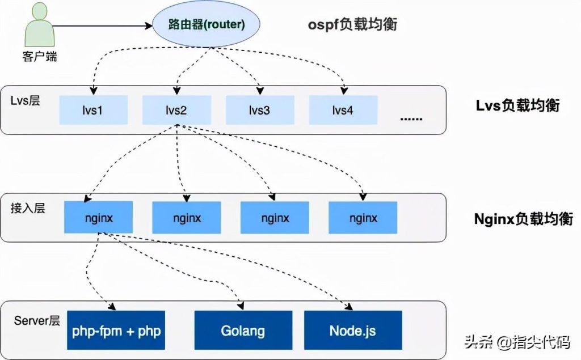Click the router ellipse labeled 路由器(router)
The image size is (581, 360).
tap(207, 24)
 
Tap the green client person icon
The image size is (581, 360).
tap(39, 24)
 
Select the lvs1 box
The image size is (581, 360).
tap(94, 110)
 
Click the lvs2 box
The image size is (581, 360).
tap(177, 110)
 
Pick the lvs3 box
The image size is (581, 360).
tap(260, 110)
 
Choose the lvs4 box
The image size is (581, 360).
tap(343, 110)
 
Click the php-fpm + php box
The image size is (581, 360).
tap(116, 330)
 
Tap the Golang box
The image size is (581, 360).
tap(243, 330)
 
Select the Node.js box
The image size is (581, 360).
tap(353, 330)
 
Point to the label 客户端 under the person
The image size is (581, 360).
tap(40, 57)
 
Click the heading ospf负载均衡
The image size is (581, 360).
tap(352, 24)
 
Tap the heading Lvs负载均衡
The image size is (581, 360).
tap(517, 105)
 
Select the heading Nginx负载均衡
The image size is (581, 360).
tap(524, 219)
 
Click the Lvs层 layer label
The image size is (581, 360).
tap(25, 100)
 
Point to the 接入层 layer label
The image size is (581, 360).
tap(28, 207)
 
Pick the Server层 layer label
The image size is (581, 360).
tap(37, 320)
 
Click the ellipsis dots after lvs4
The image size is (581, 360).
tap(411, 119)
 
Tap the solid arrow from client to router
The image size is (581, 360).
tap(103, 26)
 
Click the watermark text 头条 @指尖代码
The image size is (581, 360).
tap(517, 341)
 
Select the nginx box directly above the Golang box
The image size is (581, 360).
tap(275, 218)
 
